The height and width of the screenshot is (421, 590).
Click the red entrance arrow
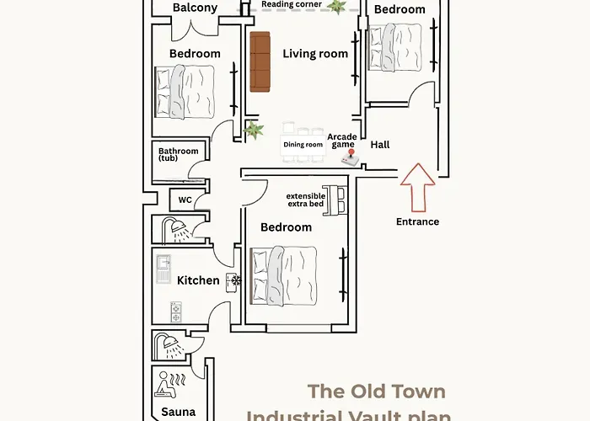pyautogui.click(x=418, y=186)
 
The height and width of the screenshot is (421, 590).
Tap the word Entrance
pyautogui.click(x=418, y=222)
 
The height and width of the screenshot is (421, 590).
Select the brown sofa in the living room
pyautogui.click(x=260, y=62)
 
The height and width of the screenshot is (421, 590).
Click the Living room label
pyautogui.click(x=315, y=54)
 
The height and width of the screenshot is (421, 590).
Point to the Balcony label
pyautogui.click(x=195, y=8)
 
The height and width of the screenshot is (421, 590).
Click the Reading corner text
pyautogui.click(x=290, y=4)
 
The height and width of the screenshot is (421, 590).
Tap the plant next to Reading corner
pyautogui.click(x=337, y=7)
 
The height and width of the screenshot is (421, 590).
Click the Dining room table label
pyautogui.click(x=303, y=145)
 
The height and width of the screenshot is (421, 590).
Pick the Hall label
pyautogui.click(x=380, y=145)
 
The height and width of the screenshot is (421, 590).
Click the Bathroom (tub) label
pyautogui.click(x=178, y=155)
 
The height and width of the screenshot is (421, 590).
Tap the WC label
pyautogui.click(x=185, y=200)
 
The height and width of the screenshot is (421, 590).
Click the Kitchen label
pyautogui.click(x=198, y=280)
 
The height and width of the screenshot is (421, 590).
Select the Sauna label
pyautogui.click(x=178, y=413)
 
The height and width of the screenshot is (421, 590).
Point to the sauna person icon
pyautogui.click(x=167, y=386)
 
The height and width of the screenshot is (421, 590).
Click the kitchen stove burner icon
pyautogui.click(x=176, y=312)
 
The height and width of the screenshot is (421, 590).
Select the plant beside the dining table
pyautogui.click(x=254, y=131)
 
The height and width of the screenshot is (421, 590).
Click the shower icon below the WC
pyautogui.click(x=173, y=228)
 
